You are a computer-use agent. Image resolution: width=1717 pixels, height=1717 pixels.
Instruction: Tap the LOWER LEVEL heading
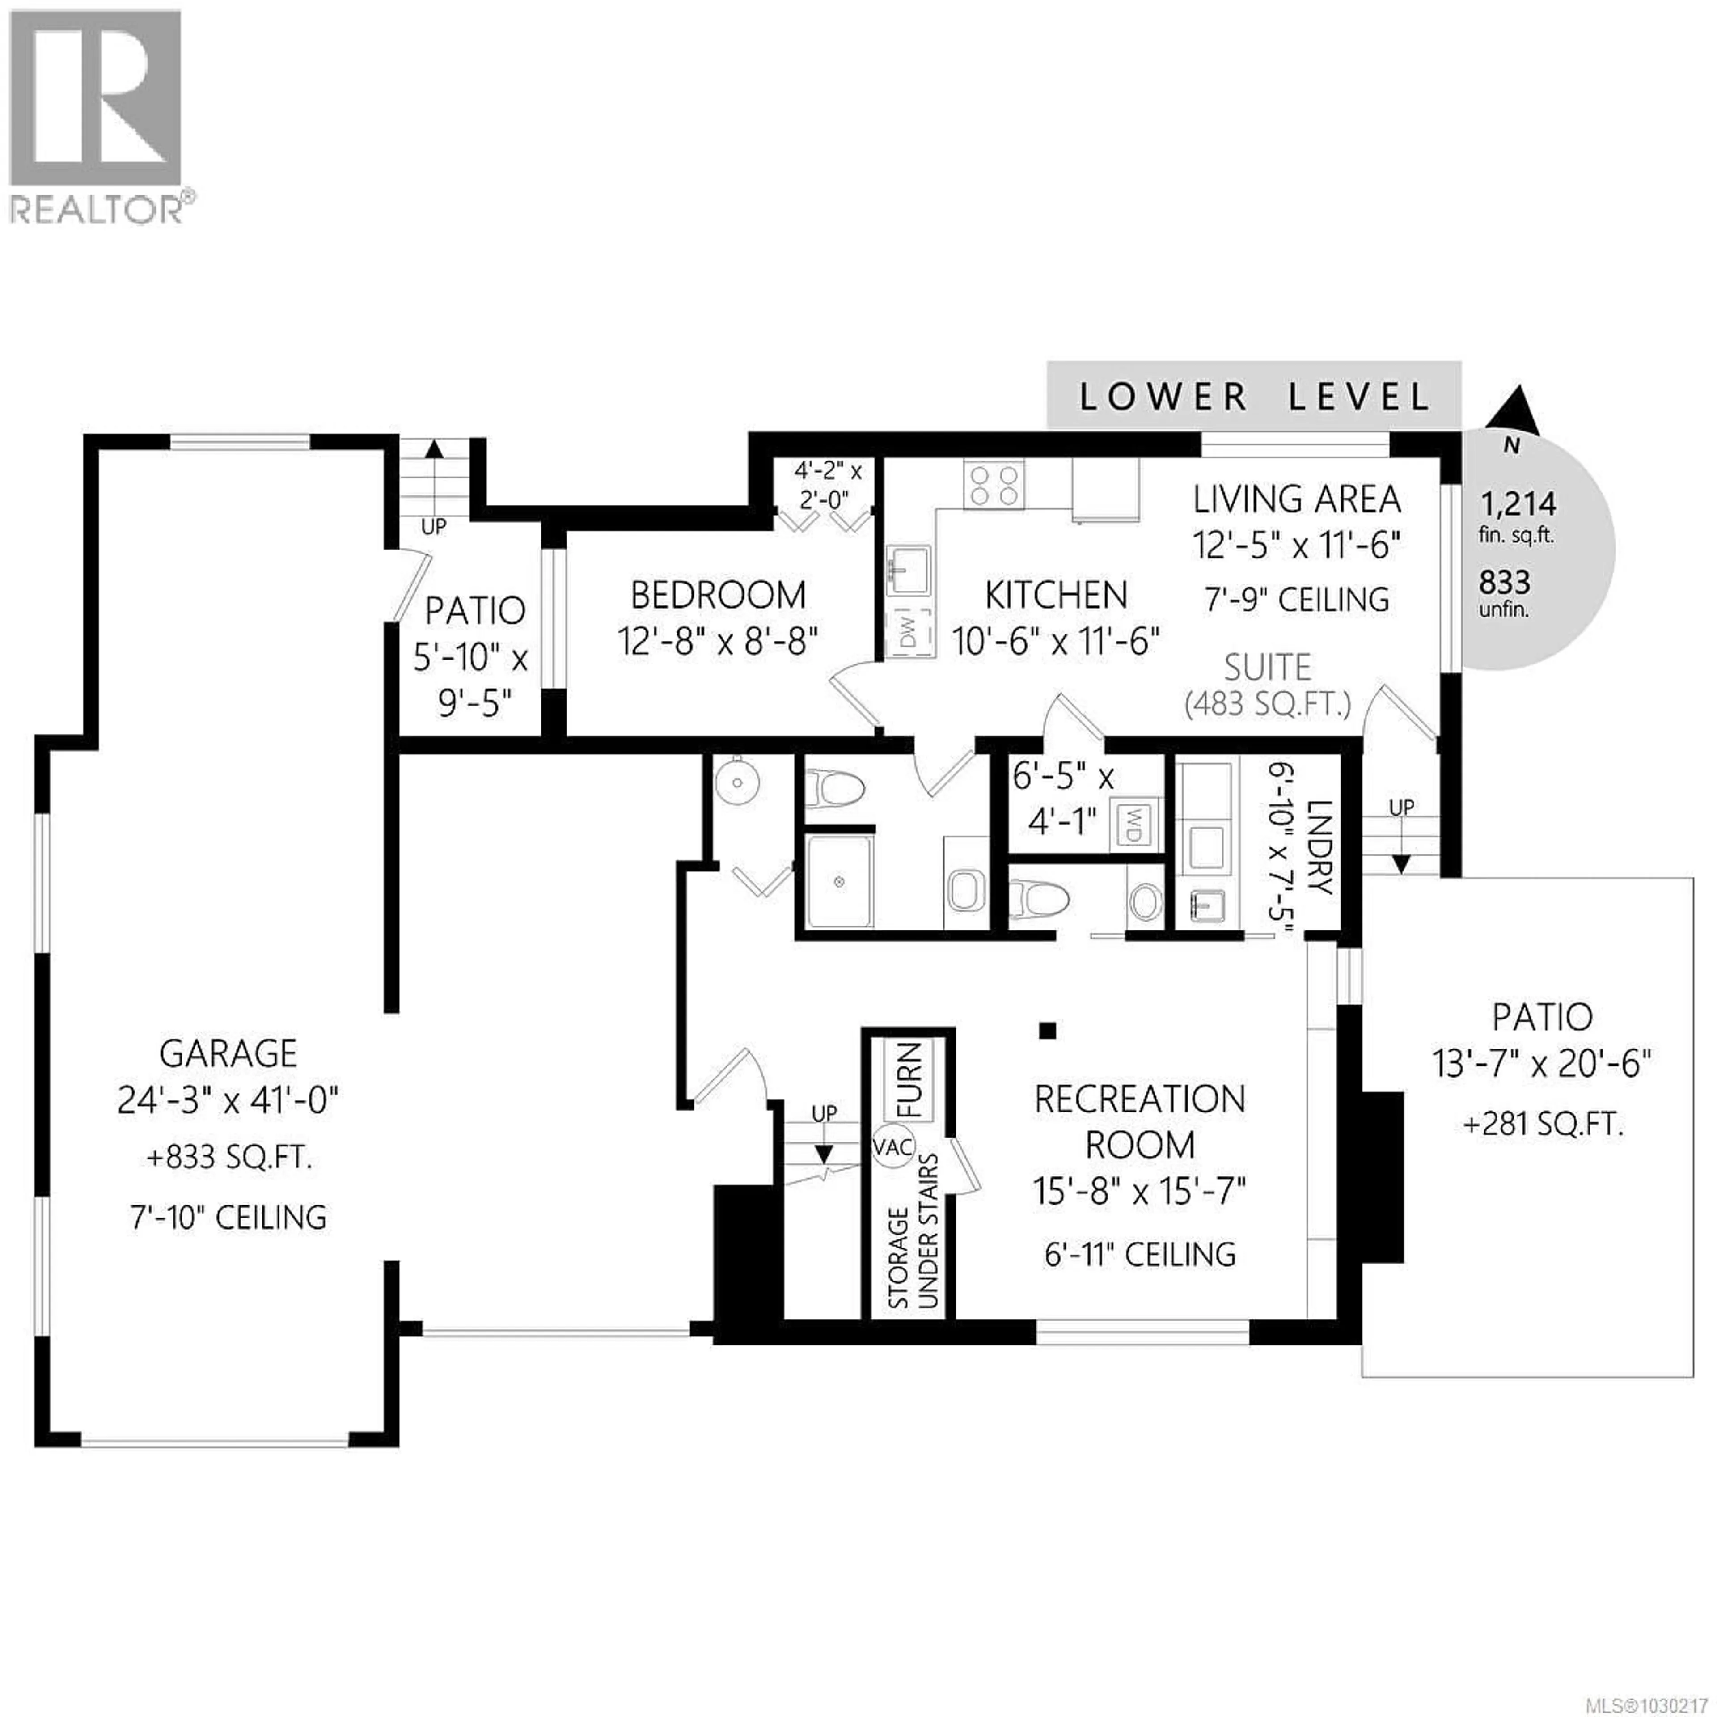pos(1254,396)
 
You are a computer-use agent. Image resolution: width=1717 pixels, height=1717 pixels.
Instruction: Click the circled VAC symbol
pos(892,1146)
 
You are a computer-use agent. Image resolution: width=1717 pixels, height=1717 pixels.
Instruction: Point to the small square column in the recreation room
pos(1049,1031)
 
